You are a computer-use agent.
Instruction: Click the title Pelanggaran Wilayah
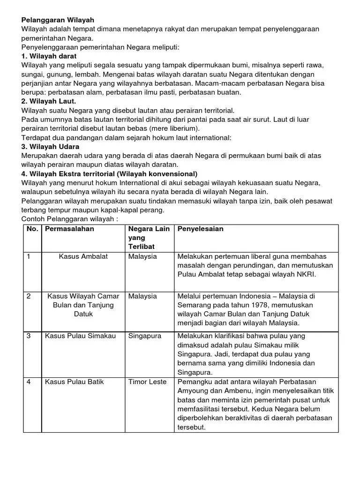58,20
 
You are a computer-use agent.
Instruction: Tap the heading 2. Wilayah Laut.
49,101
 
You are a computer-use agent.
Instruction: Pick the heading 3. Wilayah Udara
50,146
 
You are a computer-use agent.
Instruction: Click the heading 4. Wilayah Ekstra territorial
109,173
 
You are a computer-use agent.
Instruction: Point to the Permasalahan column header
69,229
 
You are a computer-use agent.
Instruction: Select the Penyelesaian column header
200,229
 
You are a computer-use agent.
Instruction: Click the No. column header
32,229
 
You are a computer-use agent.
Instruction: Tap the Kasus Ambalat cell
83,256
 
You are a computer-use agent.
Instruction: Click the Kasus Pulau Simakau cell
80,336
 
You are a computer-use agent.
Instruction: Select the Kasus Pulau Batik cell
75,382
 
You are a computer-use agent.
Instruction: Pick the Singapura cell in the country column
145,336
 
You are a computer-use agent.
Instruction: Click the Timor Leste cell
147,382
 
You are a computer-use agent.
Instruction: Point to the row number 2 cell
29,296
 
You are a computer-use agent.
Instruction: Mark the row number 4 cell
29,382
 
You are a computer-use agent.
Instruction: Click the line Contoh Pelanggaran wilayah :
69,219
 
